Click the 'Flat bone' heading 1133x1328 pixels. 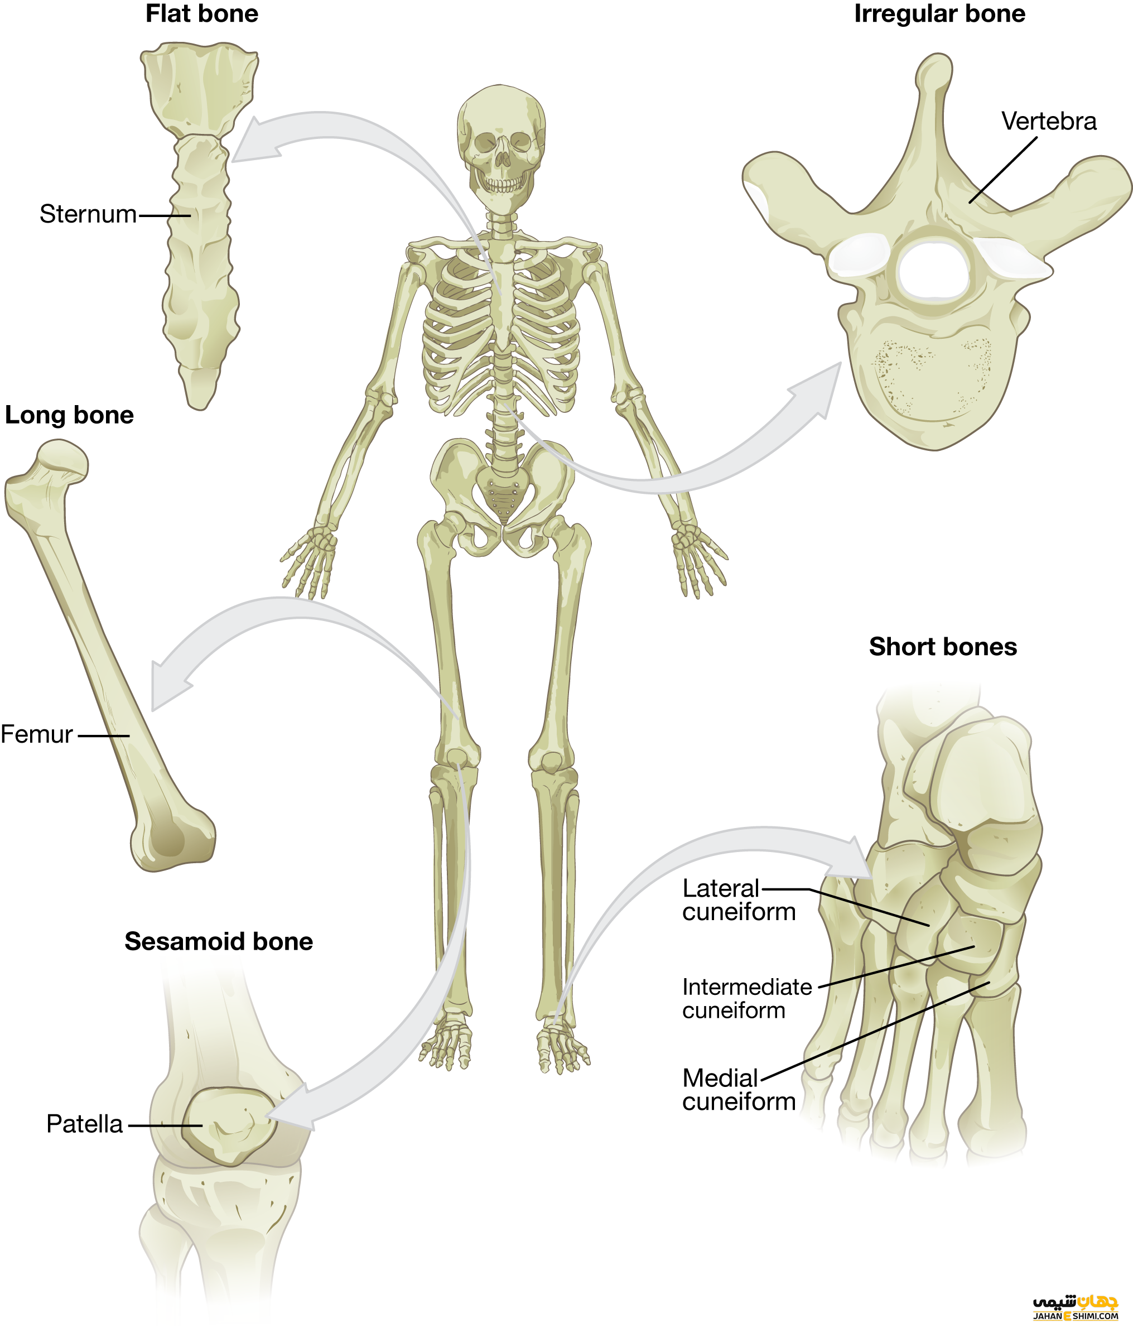tap(202, 14)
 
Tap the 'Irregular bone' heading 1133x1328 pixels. tap(939, 14)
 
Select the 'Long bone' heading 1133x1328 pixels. tap(69, 415)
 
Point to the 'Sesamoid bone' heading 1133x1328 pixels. tap(219, 941)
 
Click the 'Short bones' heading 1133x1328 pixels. tap(943, 647)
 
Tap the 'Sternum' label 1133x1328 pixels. tap(88, 214)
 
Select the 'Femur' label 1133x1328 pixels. tap(36, 734)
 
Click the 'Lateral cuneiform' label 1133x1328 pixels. tap(739, 900)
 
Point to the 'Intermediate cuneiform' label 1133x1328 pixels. tap(746, 999)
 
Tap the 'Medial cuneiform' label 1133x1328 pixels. tap(739, 1090)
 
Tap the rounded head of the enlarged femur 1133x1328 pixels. tap(62, 459)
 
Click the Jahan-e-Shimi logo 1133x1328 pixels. tap(1076, 1307)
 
